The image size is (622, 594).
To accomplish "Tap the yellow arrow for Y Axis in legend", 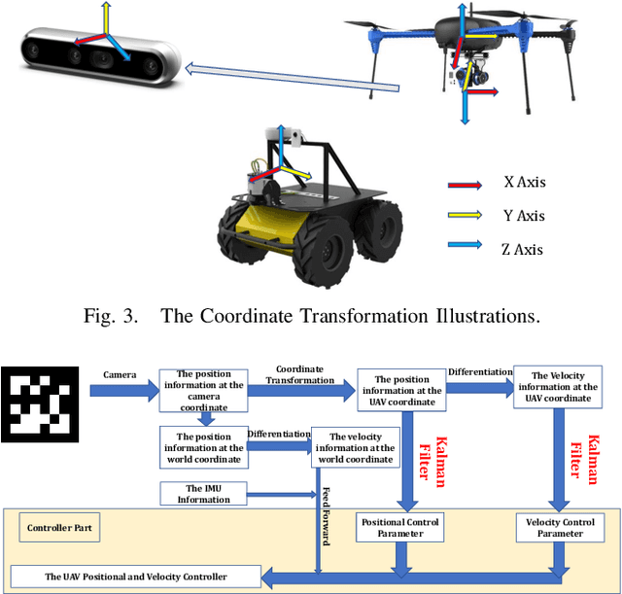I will (466, 217).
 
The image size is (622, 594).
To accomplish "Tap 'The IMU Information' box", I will (203, 493).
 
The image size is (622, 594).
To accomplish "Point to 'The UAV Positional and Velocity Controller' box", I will (135, 577).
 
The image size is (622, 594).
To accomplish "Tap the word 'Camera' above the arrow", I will (120, 373).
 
